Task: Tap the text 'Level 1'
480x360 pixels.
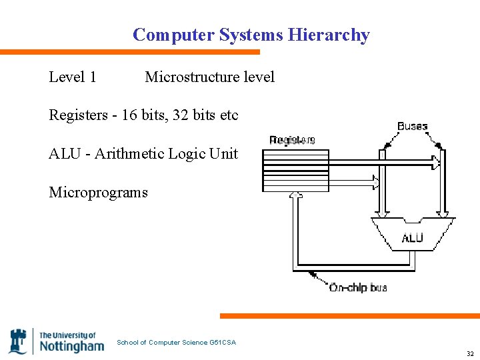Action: [73, 77]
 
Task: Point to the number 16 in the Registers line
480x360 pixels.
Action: [129, 115]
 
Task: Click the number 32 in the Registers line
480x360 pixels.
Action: [181, 115]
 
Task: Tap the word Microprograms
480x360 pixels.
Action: [98, 193]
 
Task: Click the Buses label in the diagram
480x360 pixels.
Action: [412, 127]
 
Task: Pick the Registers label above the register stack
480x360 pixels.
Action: [292, 140]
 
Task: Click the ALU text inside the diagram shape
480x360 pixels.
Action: [412, 238]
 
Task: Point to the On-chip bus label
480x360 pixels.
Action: [358, 288]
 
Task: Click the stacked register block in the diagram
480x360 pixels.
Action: [296, 171]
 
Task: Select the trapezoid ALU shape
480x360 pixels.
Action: [413, 233]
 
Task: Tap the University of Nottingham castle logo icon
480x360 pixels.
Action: [18, 341]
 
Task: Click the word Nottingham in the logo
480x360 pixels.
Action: [72, 346]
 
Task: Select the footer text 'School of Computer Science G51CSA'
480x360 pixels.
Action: [176, 343]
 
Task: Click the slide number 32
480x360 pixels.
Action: [470, 354]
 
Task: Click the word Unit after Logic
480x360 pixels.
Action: [223, 154]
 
